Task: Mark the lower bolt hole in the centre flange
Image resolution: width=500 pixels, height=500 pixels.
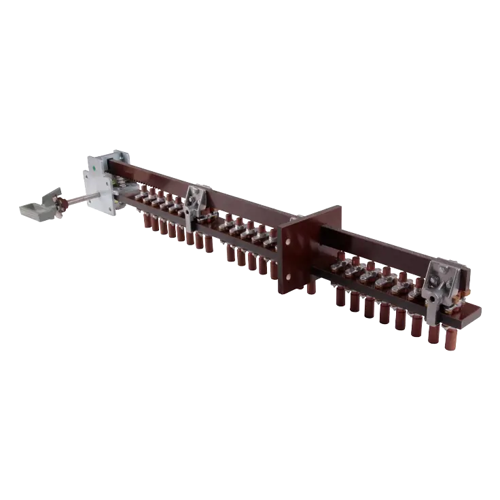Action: coord(288,278)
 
